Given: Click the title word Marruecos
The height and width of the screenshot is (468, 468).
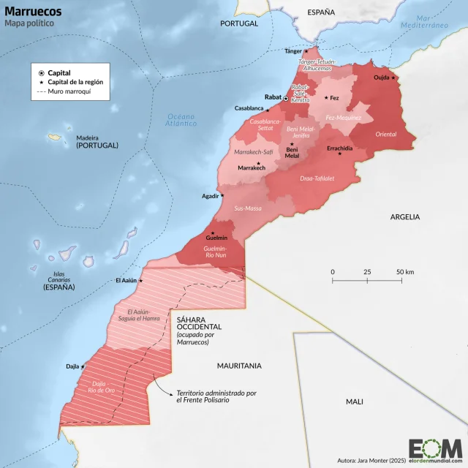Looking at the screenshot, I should [33, 12].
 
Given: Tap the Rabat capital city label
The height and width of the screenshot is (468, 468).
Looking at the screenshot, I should [273, 97].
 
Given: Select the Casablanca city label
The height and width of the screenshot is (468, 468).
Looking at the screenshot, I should [249, 108].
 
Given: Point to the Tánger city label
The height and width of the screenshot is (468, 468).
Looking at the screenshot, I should [292, 51].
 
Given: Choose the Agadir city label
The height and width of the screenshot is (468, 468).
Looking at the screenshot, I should [210, 196].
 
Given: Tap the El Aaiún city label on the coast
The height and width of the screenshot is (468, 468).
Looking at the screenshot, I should [127, 281].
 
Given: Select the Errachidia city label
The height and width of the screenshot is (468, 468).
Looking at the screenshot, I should [340, 148].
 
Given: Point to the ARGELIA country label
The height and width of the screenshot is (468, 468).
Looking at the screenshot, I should [405, 216].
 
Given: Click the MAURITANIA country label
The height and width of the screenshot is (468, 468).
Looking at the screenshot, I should [238, 365].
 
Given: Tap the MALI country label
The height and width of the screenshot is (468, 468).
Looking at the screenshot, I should [354, 401].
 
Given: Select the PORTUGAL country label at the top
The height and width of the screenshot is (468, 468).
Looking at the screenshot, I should [239, 23].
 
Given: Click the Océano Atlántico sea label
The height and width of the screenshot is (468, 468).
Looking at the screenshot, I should [181, 120].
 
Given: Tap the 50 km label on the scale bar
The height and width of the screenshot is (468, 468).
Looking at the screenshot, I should [404, 272].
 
